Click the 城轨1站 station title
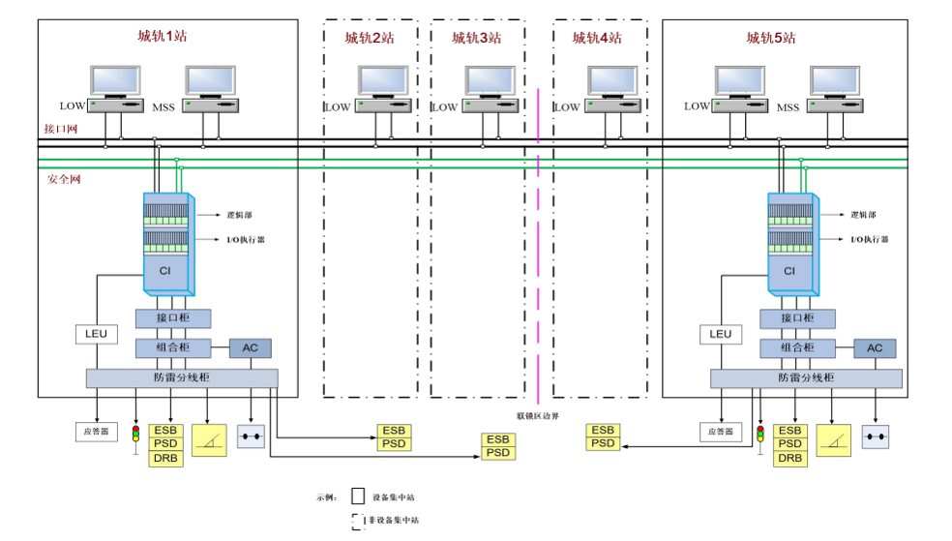162,37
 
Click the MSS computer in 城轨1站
210,87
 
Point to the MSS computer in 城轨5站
834,87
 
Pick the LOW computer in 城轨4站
610,87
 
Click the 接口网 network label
60,129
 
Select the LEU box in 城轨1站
96,334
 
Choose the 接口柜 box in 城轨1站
172,318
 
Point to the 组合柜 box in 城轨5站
796,348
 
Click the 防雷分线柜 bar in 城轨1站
181,377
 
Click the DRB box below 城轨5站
790,459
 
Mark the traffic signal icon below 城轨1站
135,435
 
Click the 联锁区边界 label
537,415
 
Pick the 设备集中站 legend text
393,497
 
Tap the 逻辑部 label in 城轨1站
239,215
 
